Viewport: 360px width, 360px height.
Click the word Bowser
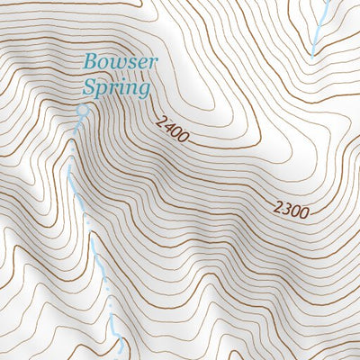click(x=121, y=64)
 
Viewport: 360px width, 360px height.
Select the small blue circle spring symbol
click(x=84, y=110)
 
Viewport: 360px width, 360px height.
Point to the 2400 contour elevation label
click(x=171, y=130)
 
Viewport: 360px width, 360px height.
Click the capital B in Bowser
click(x=90, y=63)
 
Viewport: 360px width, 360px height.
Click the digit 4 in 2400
click(x=167, y=127)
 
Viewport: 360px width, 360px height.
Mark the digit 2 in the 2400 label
click(x=159, y=121)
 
